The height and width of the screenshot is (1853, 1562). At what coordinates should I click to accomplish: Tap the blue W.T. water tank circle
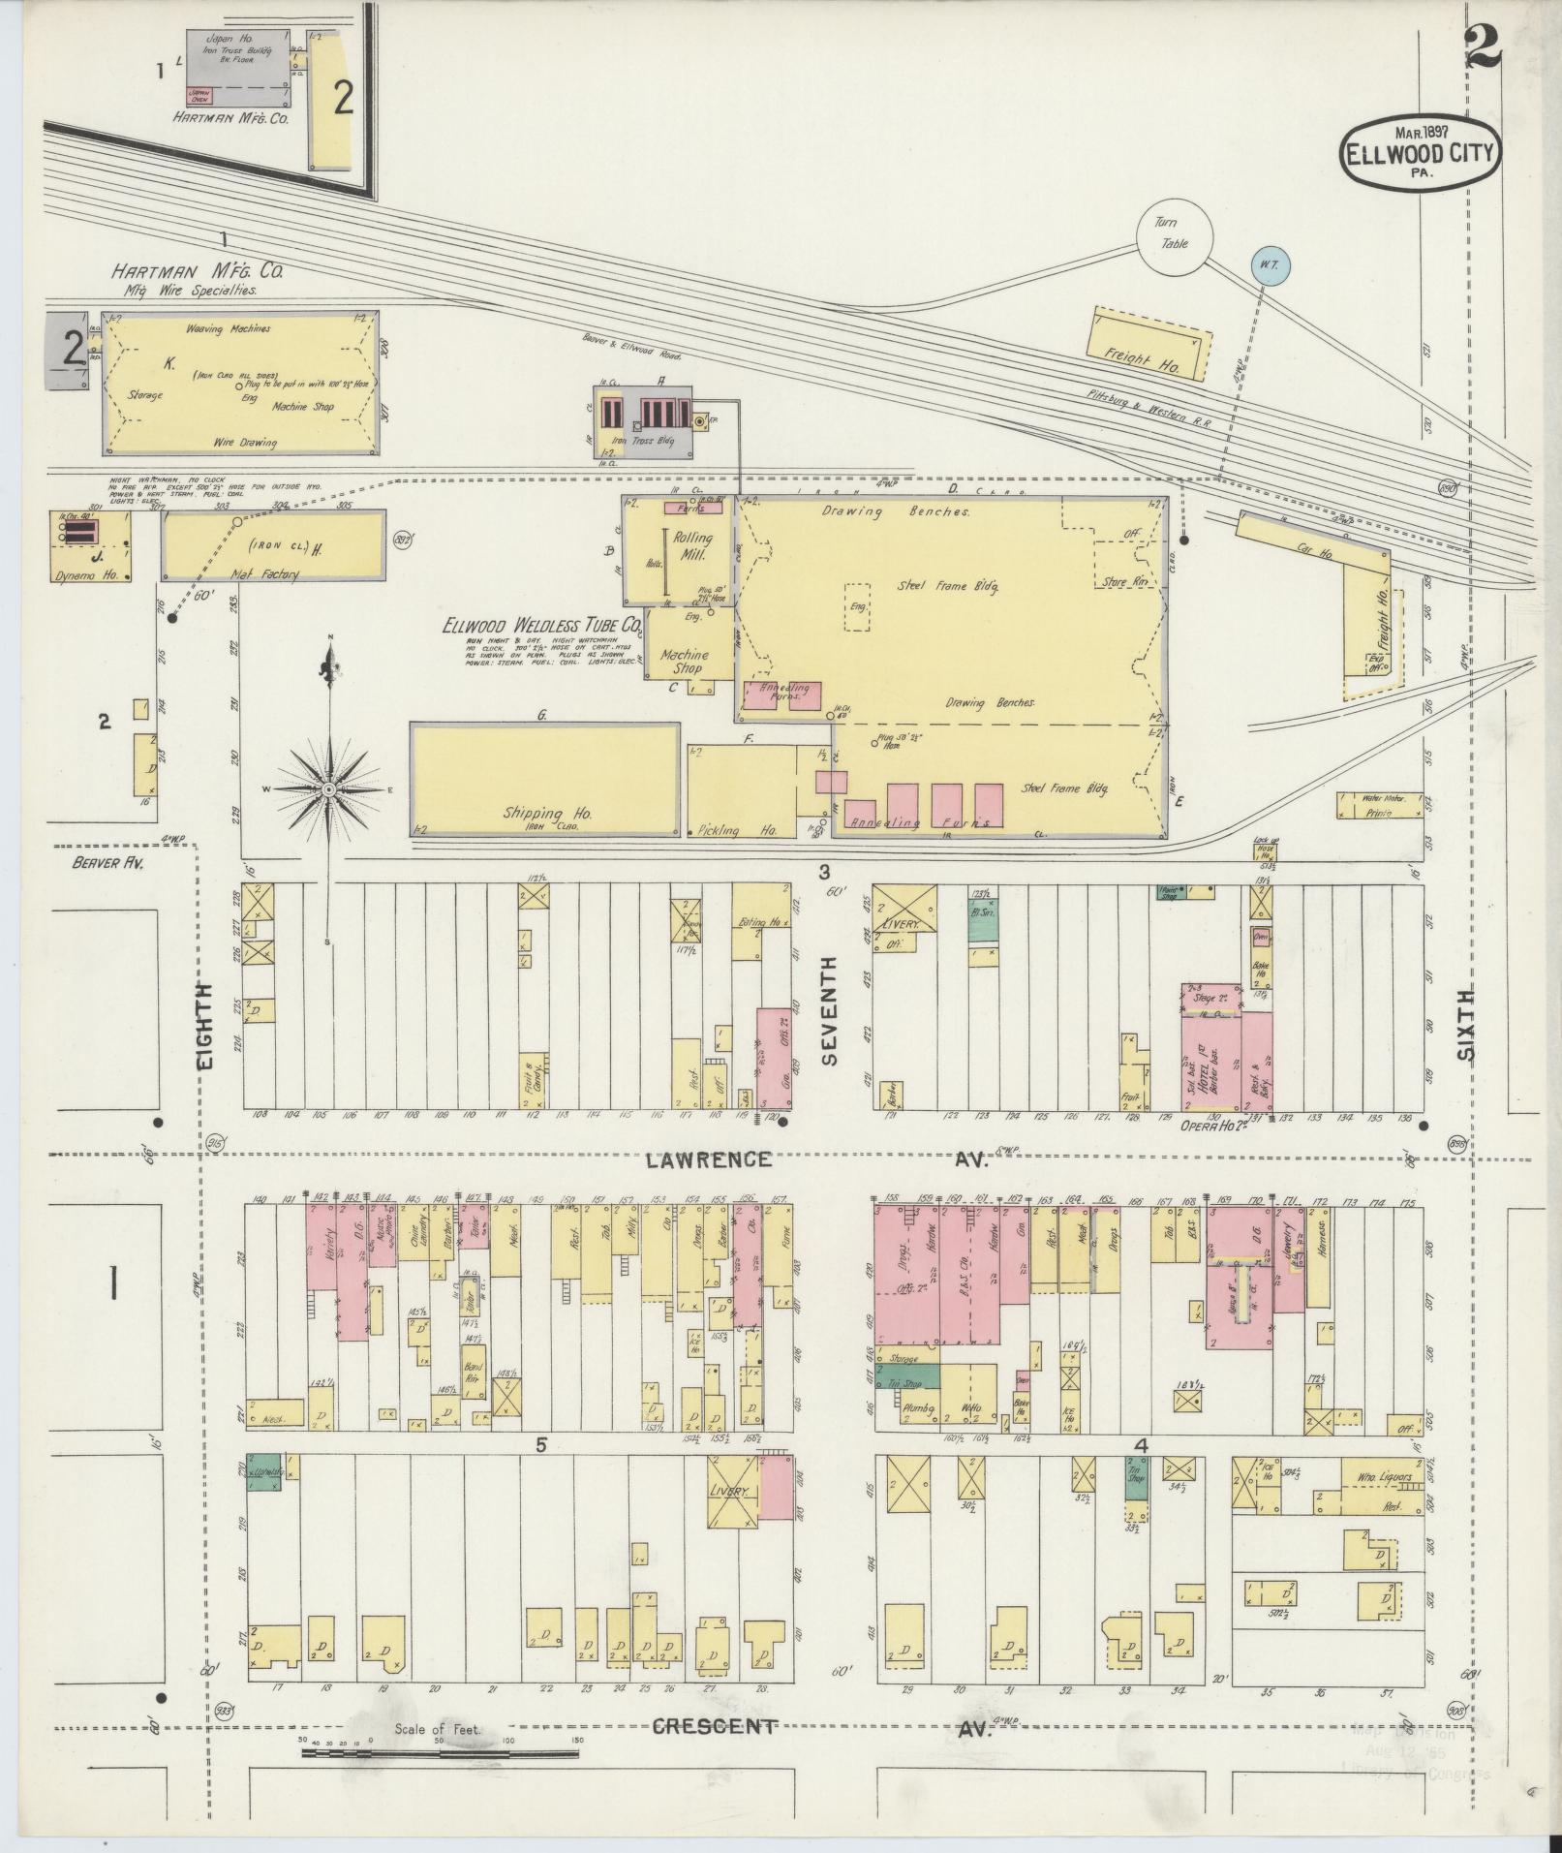(1268, 263)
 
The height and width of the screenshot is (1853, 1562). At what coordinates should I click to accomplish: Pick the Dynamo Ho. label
(90, 574)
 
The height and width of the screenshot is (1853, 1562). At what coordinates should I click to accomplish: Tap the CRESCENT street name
(713, 1048)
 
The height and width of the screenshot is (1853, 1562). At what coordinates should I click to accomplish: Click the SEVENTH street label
(829, 1010)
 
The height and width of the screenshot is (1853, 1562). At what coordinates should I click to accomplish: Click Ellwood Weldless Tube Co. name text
(542, 625)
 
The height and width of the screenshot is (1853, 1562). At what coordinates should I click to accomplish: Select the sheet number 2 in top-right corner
(1482, 46)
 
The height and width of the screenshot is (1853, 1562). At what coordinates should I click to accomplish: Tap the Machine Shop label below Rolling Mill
(686, 662)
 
